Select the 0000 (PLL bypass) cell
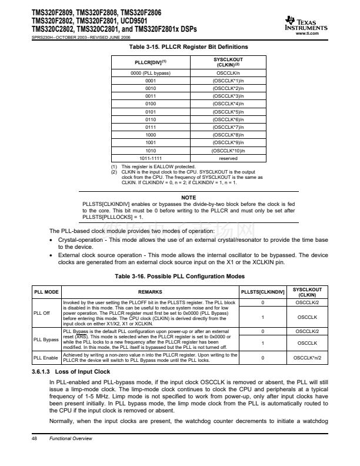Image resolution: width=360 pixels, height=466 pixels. click(x=150, y=72)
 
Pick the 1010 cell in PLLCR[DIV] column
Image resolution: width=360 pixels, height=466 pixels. click(x=150, y=150)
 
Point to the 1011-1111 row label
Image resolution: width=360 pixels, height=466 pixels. click(x=150, y=158)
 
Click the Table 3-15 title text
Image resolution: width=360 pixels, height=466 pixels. click(x=179, y=46)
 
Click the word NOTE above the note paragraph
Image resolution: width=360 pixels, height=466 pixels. click(x=188, y=197)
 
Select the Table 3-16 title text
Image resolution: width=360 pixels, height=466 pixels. click(x=179, y=275)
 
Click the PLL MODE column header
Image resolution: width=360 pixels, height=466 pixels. click(x=46, y=291)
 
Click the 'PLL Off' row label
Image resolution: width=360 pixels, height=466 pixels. click(x=42, y=313)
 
